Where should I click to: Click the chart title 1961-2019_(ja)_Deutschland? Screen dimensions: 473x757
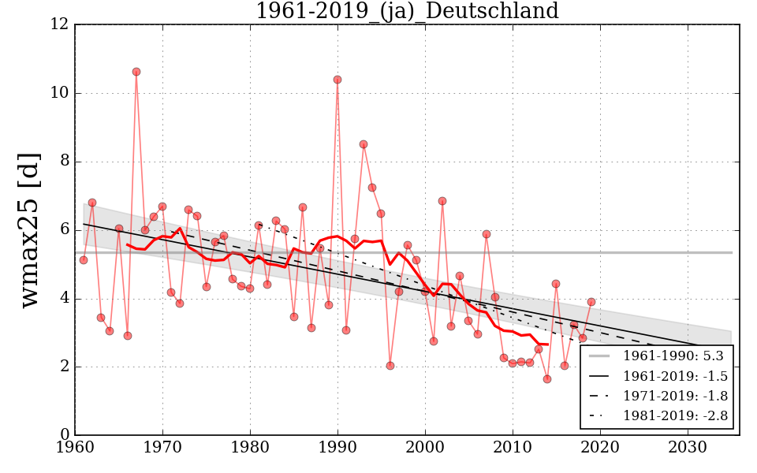pyautogui.click(x=406, y=11)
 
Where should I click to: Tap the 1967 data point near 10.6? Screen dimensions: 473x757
pyautogui.click(x=136, y=72)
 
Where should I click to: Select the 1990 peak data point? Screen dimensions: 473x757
pyautogui.click(x=337, y=80)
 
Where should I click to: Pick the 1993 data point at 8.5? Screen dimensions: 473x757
pyautogui.click(x=364, y=144)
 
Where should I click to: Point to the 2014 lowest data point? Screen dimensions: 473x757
pyautogui.click(x=547, y=379)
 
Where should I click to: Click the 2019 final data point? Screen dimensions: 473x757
pyautogui.click(x=591, y=302)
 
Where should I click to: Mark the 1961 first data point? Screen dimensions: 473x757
pyautogui.click(x=84, y=260)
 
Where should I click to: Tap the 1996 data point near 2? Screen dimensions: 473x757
pyautogui.click(x=390, y=366)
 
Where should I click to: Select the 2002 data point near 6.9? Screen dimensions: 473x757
pyautogui.click(x=442, y=201)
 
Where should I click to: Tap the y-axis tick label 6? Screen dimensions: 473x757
pyautogui.click(x=63, y=230)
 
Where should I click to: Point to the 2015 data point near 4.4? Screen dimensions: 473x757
pyautogui.click(x=556, y=284)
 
